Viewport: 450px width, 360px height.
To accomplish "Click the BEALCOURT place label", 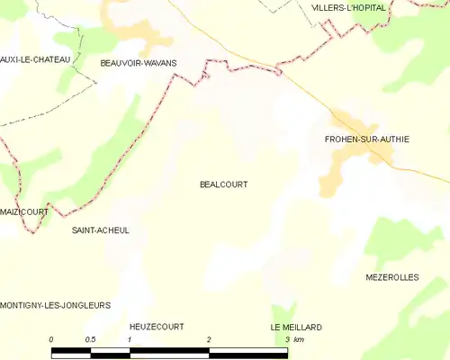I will click(x=223, y=184).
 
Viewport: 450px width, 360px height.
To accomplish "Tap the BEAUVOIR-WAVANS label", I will click(x=139, y=63).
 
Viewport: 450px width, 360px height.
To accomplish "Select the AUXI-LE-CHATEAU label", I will click(x=36, y=59).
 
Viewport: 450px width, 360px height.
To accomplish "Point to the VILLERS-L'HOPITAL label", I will click(x=348, y=7).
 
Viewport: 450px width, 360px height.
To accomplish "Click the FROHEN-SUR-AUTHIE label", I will click(x=367, y=139).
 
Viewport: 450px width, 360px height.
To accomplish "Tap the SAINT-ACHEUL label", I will click(x=100, y=230).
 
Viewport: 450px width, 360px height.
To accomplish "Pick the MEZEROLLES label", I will click(x=392, y=277).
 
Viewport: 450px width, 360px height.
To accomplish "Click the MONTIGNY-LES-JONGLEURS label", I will click(x=56, y=306).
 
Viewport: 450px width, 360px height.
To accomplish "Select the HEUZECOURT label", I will click(x=157, y=327).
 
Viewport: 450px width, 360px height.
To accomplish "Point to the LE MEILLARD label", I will click(x=296, y=327).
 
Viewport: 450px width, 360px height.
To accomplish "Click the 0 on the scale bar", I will click(x=51, y=339).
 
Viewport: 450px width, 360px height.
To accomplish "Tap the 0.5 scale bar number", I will click(x=90, y=339).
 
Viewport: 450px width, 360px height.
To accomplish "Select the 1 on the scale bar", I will click(x=130, y=339).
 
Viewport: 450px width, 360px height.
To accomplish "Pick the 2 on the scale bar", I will click(x=209, y=339).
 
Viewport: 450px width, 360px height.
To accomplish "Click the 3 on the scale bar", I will click(x=287, y=339).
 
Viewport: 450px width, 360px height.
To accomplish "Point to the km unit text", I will click(x=299, y=339).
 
